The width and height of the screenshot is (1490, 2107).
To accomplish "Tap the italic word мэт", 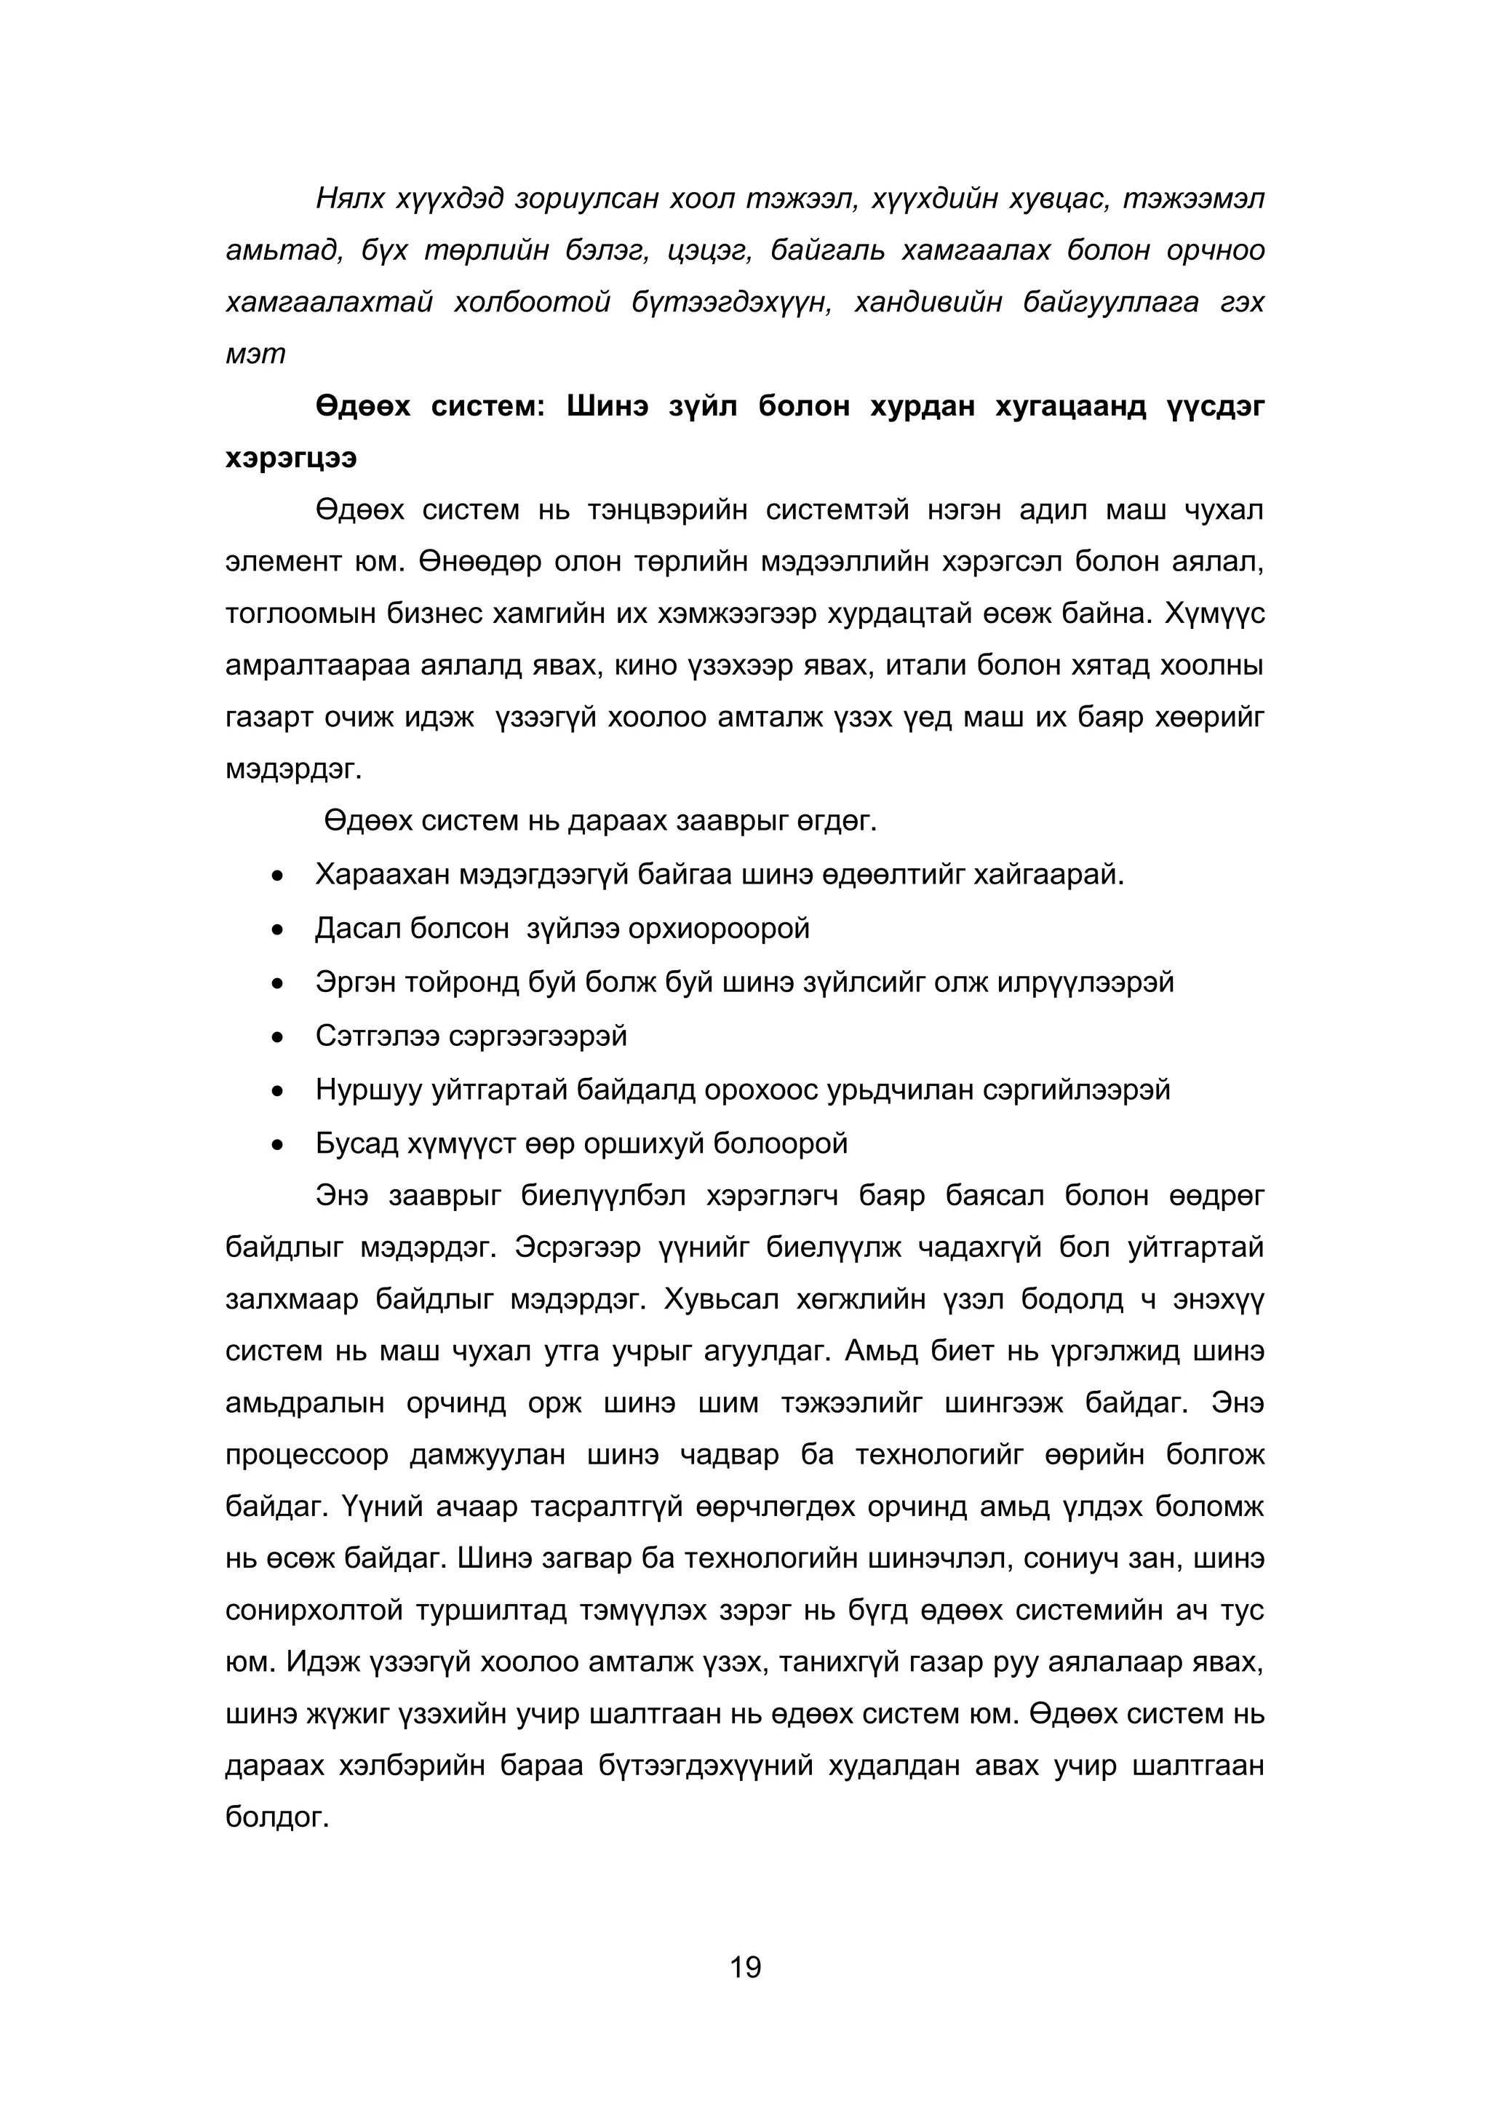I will pyautogui.click(x=255, y=354).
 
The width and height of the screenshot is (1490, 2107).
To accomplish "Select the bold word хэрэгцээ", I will pyautogui.click(x=291, y=458).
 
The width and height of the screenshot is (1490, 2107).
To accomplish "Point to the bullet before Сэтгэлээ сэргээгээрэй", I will pyautogui.click(x=278, y=1038).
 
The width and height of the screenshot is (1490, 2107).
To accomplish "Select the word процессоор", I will pyautogui.click(x=306, y=1455).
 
